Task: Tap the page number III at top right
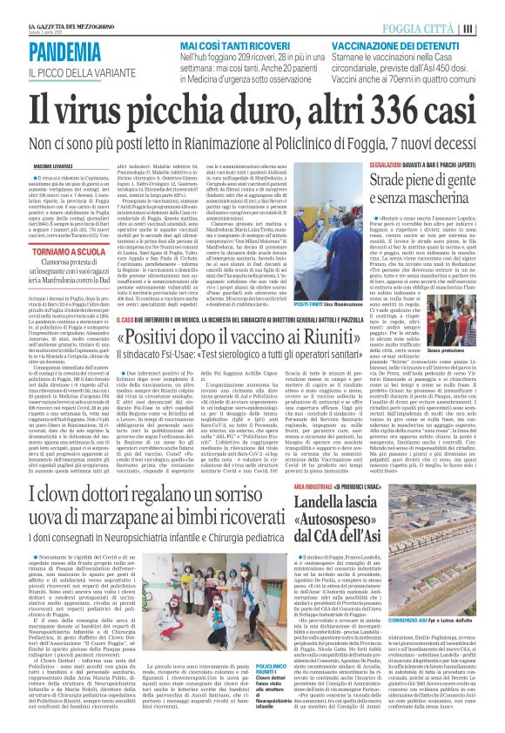coord(491,27)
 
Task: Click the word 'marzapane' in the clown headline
coord(150,520)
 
